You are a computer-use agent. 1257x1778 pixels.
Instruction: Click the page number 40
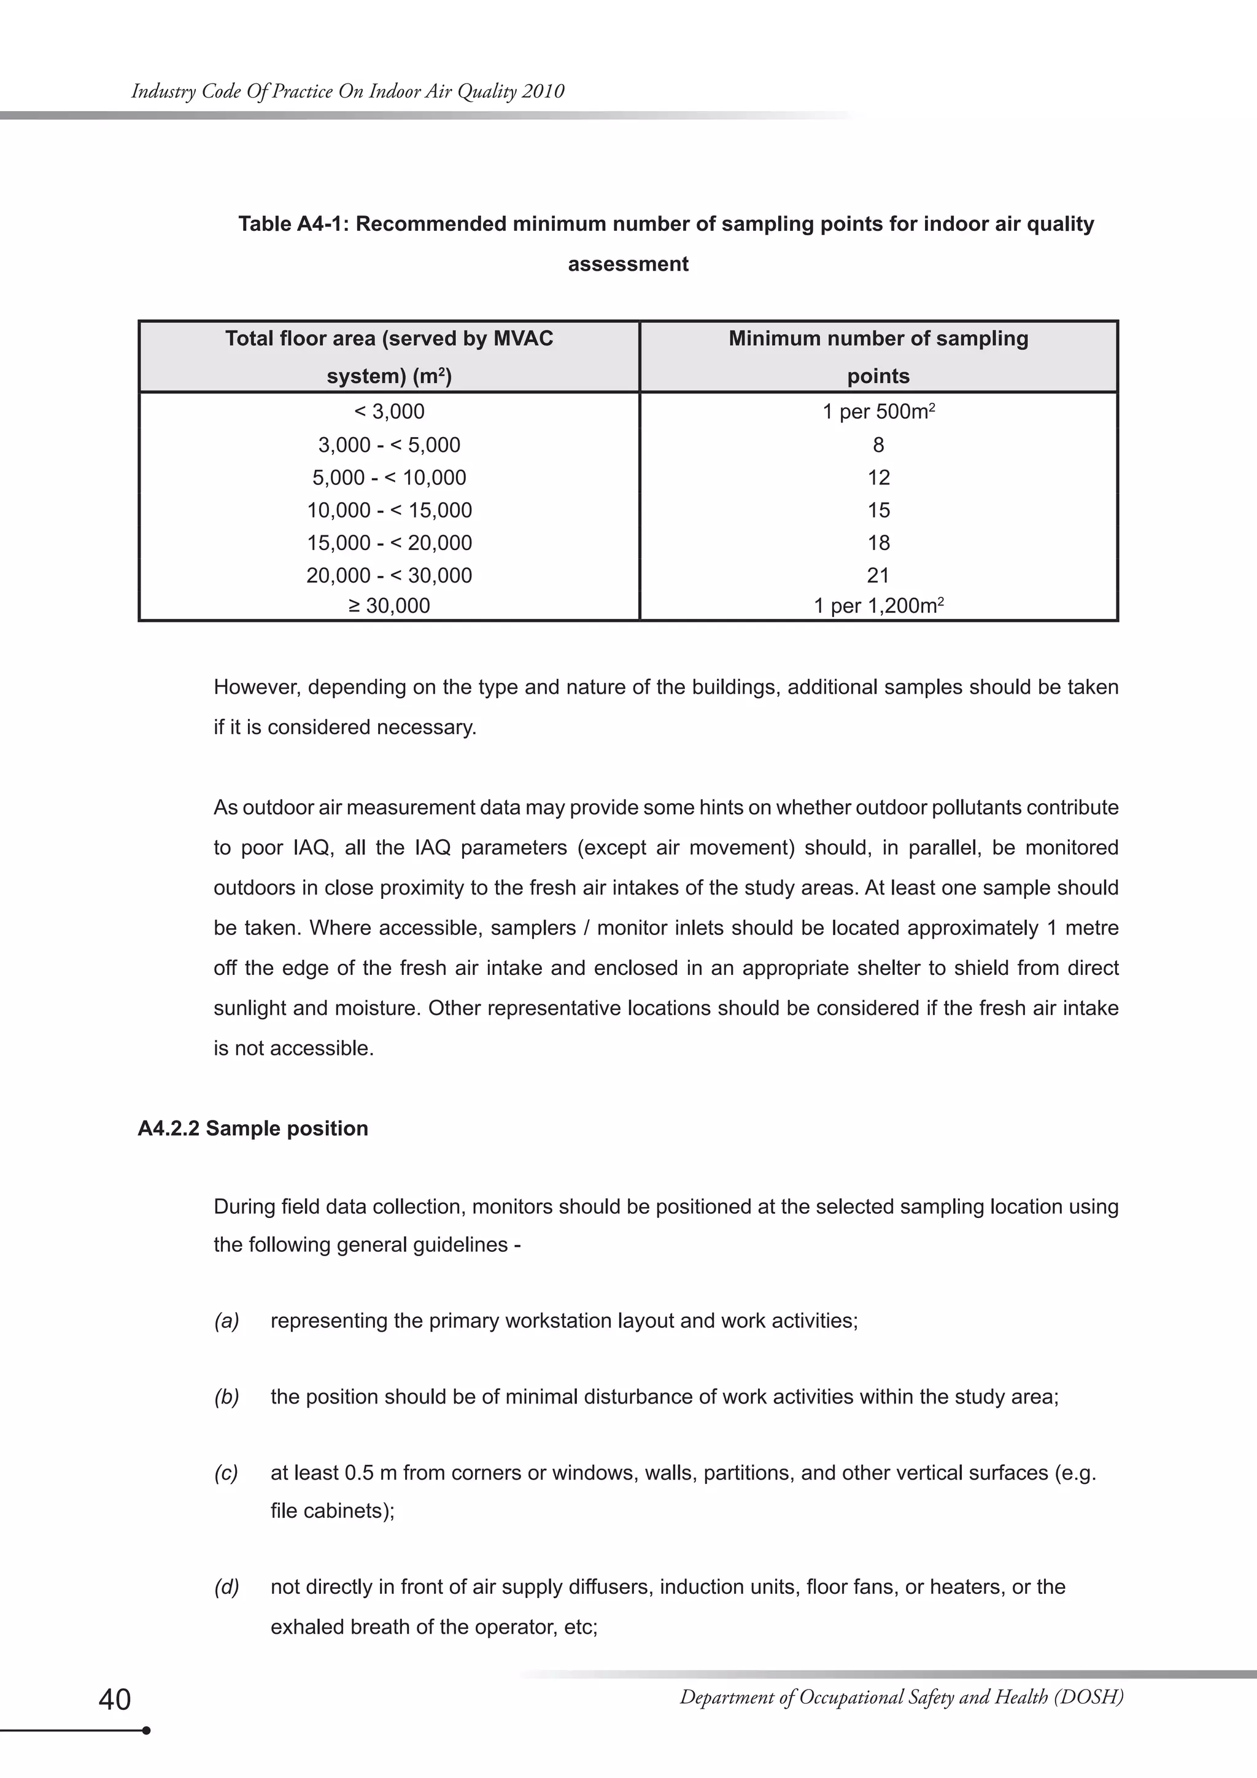[115, 1699]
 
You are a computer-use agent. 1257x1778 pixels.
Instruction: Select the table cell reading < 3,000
[389, 411]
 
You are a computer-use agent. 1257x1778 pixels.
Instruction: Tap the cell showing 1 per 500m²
[878, 411]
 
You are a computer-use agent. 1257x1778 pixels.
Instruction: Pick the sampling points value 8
[878, 444]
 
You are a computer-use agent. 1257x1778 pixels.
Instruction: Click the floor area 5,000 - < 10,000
[389, 477]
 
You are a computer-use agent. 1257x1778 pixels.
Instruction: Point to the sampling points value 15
[878, 510]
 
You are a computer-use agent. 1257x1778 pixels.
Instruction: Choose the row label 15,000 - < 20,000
[389, 543]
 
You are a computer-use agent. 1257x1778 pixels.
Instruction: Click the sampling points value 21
[878, 575]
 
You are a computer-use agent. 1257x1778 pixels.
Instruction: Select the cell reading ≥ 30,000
[389, 605]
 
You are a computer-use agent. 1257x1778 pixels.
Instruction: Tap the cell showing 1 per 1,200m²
[878, 605]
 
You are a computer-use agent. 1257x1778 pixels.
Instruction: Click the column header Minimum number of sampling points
[878, 357]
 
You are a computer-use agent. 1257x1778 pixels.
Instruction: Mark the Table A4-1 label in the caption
[293, 224]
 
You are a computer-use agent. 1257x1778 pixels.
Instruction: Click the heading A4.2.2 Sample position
[252, 1128]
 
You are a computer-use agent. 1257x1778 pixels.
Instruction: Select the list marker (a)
[226, 1321]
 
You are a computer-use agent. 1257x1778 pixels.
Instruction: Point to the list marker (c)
[226, 1473]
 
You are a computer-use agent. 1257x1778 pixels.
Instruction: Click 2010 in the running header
[543, 91]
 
